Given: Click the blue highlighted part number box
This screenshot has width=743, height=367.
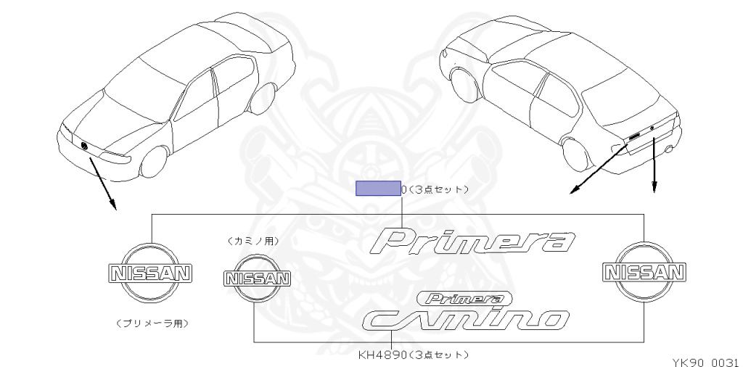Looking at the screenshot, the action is click(377, 189).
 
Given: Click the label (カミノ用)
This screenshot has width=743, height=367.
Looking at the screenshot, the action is click(253, 241).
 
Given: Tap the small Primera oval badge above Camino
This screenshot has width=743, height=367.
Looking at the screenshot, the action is click(464, 297).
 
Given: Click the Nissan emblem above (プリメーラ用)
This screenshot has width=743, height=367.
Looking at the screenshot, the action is click(150, 273).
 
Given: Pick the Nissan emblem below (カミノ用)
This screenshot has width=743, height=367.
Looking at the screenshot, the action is click(256, 279).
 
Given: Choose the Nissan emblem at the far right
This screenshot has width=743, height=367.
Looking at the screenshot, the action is click(644, 272).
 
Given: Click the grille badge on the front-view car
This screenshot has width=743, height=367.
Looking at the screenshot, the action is click(85, 147).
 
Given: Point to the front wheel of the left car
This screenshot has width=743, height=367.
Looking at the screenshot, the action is click(152, 162).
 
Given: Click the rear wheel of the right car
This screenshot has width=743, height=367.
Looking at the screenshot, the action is click(577, 154).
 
